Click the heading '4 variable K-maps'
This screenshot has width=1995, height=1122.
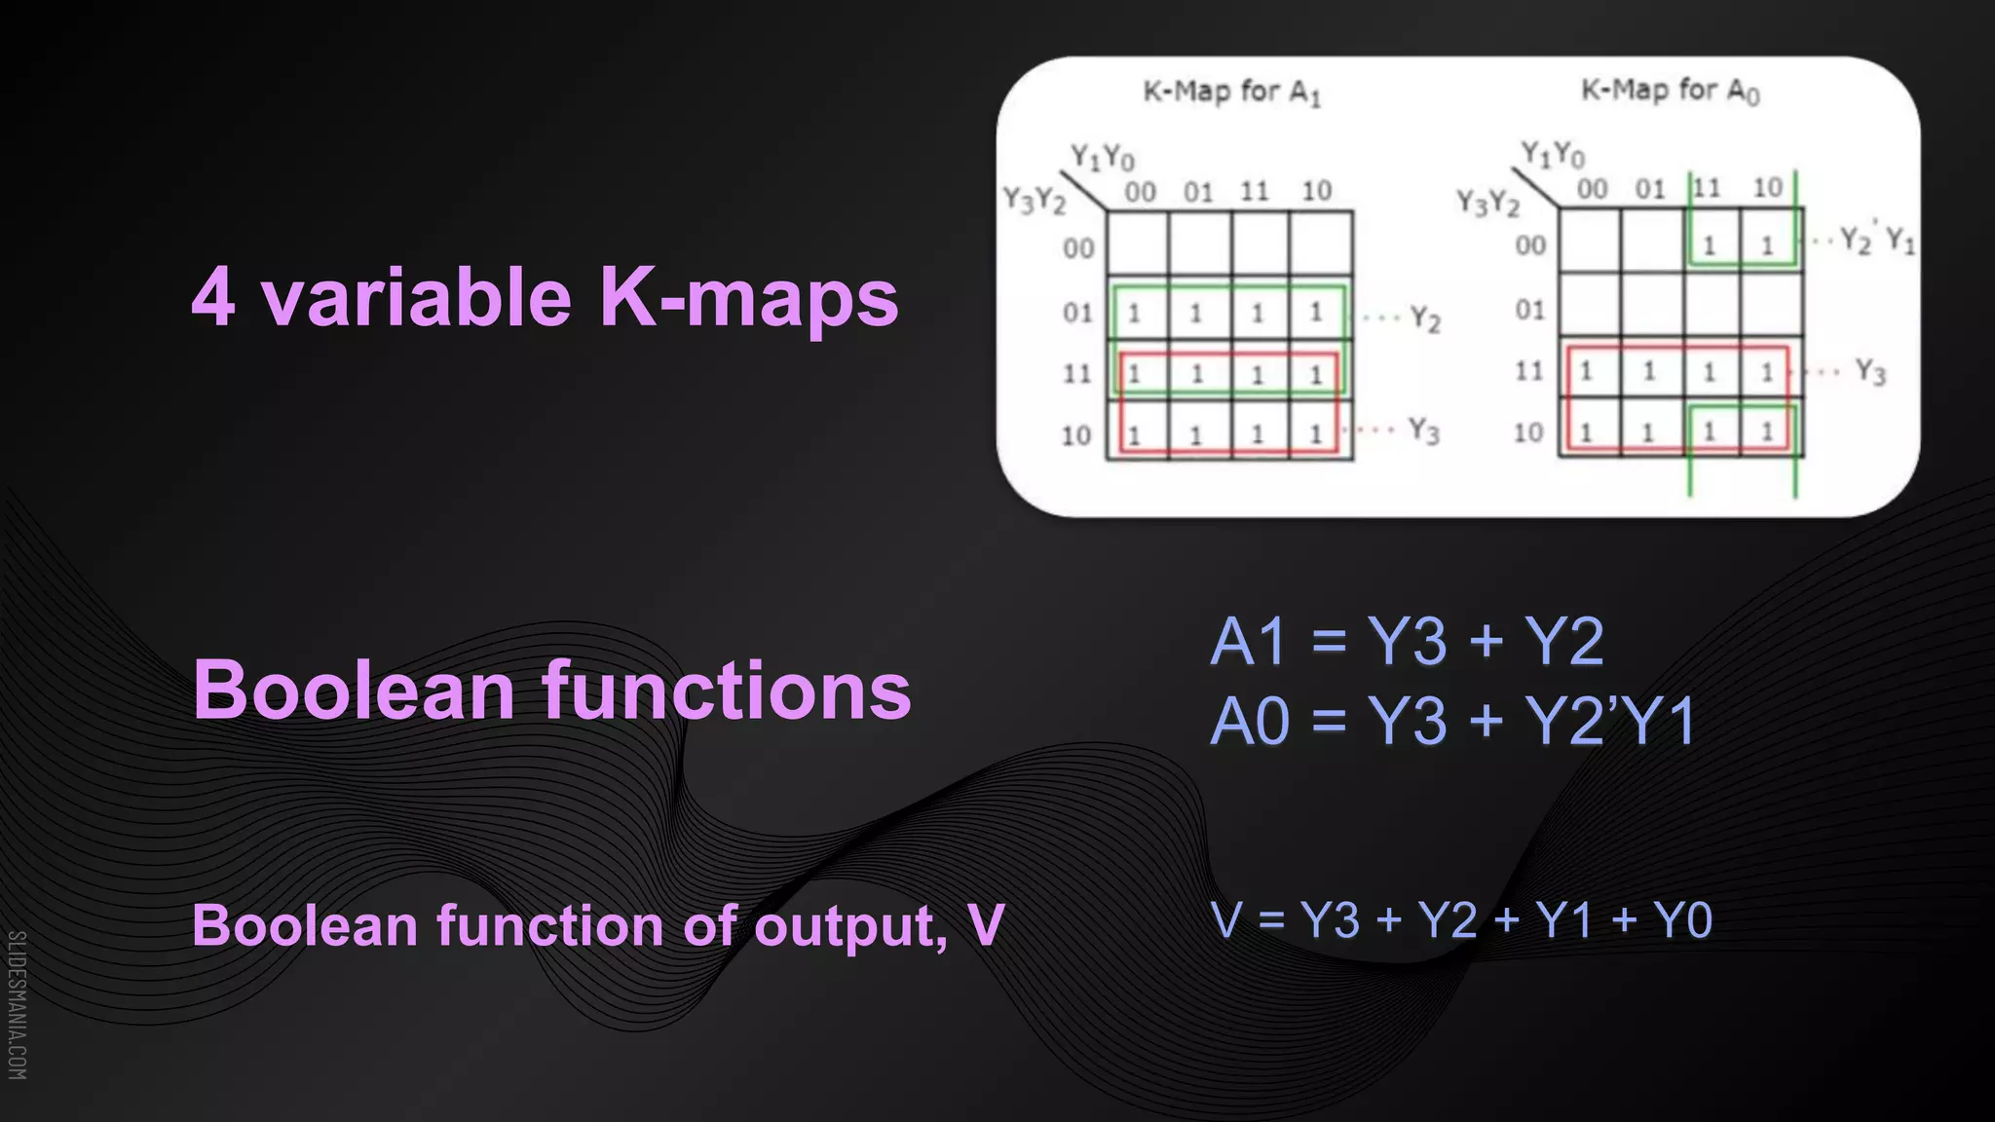(x=545, y=297)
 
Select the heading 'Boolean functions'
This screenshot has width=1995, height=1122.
(x=551, y=691)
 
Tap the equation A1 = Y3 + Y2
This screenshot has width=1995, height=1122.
(x=1406, y=642)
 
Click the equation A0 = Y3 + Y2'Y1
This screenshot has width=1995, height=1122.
(x=1452, y=722)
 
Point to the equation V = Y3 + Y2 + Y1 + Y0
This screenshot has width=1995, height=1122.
(x=1461, y=920)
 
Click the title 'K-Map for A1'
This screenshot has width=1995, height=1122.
(x=1231, y=93)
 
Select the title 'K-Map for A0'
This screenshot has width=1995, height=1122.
(x=1669, y=91)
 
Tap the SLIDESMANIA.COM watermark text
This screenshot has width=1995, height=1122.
(x=18, y=1004)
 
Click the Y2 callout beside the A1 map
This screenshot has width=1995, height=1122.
(x=1424, y=318)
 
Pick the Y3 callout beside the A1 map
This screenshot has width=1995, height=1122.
(x=1423, y=430)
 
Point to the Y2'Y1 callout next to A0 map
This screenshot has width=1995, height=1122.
(x=1876, y=240)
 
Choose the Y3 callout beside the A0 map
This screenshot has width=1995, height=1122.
(x=1869, y=371)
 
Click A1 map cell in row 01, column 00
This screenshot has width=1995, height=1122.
(x=1136, y=312)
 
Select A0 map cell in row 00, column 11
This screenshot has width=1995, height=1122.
(x=1710, y=243)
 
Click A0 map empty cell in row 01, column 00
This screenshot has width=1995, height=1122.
(x=1589, y=308)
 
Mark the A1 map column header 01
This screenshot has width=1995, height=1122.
(x=1198, y=192)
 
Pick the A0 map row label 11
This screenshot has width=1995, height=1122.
(x=1529, y=371)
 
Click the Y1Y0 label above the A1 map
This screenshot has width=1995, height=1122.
(x=1103, y=157)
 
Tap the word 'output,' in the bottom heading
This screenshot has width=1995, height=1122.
(x=850, y=925)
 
